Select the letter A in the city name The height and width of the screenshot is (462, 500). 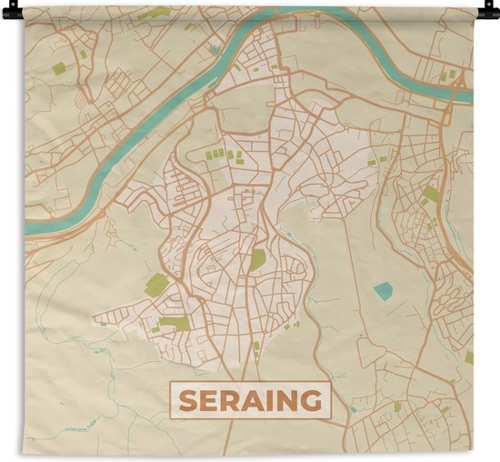point(247,400)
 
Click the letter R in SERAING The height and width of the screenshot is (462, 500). point(227,400)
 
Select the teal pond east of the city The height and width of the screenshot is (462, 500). point(383,291)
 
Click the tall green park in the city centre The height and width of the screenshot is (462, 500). point(258,259)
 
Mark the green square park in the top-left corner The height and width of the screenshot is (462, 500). point(59,68)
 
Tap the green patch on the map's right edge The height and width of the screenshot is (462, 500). point(469,357)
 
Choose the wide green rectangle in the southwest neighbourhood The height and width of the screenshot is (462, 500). point(175,323)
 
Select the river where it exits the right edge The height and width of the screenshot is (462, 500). point(465,95)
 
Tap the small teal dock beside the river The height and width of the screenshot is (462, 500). point(215,50)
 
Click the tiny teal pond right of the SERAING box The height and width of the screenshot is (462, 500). point(354,410)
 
